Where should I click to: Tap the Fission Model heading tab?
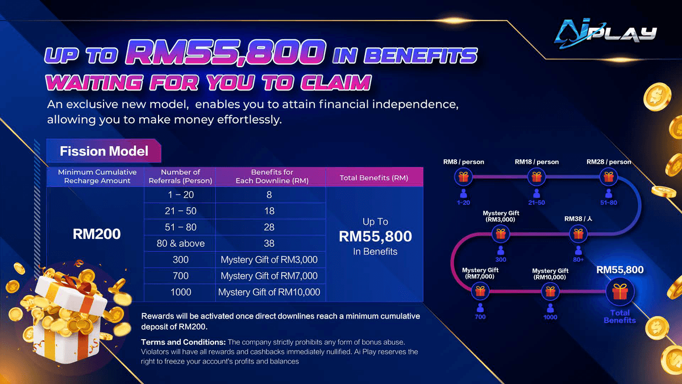coord(104,151)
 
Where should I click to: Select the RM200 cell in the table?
coord(97,233)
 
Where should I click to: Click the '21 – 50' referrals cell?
coord(180,211)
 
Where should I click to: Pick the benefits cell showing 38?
coord(269,243)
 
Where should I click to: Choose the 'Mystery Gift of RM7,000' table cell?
coord(269,276)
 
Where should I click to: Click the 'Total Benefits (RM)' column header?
coord(374,177)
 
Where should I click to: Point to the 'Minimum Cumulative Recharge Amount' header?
coord(97,176)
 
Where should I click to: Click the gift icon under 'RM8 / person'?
coord(463,177)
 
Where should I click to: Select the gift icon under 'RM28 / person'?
coord(608,177)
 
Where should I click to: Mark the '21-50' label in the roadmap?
coord(536,203)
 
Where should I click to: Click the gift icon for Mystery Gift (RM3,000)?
coord(500,233)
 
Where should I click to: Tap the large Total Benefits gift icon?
coord(619,292)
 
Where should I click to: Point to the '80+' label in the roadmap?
coord(579,259)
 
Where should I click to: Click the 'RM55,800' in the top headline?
coord(224,54)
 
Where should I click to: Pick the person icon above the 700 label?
coord(480,307)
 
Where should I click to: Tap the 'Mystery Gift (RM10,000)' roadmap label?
coord(550,274)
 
